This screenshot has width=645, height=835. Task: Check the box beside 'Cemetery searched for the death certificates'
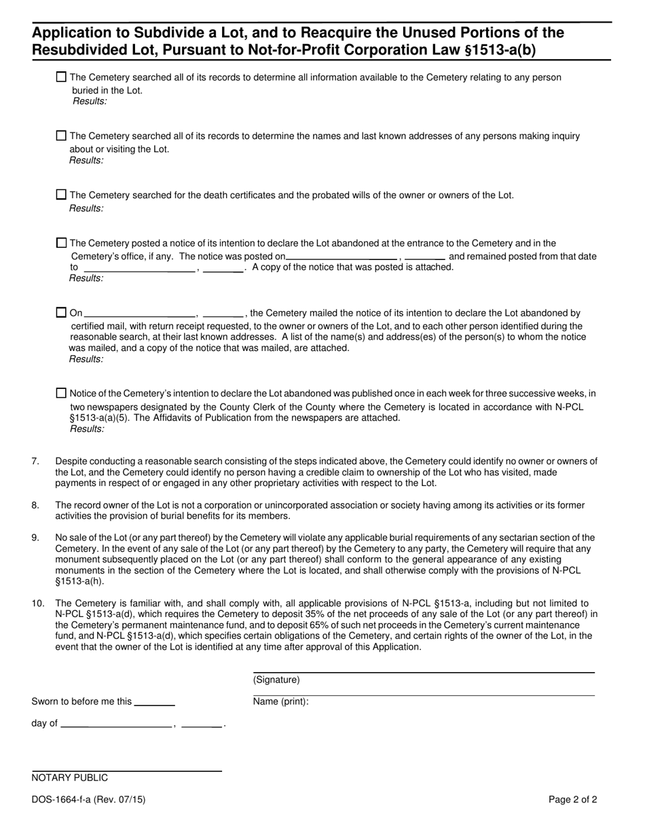pos(61,195)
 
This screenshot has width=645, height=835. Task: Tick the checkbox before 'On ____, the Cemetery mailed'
pos(61,313)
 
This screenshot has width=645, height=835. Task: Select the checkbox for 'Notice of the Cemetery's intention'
pos(61,393)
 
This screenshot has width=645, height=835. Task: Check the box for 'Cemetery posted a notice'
pos(61,242)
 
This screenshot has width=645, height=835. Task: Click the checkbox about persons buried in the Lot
pos(61,77)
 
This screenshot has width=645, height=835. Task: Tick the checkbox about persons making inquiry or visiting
pos(61,136)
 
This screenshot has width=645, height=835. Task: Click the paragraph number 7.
pos(35,462)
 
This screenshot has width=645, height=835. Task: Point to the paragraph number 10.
pos(37,603)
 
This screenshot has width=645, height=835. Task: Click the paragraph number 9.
pos(35,538)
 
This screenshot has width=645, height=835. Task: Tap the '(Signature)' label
pos(276,680)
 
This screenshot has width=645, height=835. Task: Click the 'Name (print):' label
pos(280,702)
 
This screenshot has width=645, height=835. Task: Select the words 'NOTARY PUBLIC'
pos(69,778)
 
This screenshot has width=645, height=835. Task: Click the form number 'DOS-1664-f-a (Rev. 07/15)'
pos(88,800)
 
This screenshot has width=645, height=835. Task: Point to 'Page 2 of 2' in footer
pos(572,800)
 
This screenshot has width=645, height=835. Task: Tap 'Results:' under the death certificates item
pos(86,208)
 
